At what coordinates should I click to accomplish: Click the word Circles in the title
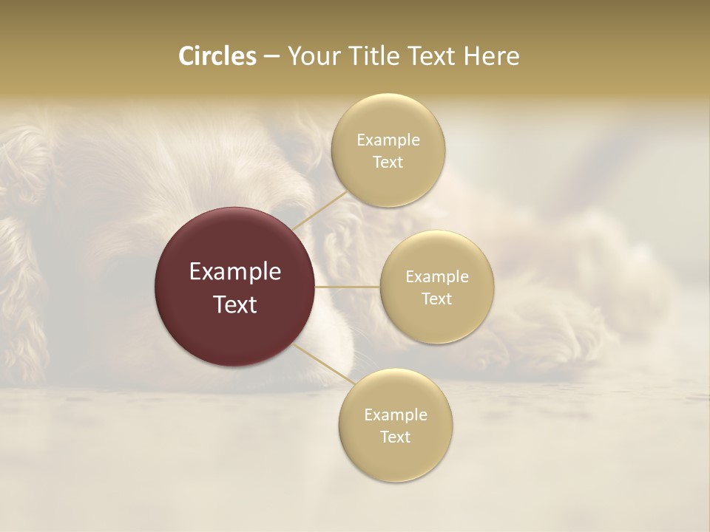point(217,56)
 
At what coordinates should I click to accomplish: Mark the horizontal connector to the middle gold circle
point(347,287)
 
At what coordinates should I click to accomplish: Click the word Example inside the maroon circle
point(235,272)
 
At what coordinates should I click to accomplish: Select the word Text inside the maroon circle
point(235,304)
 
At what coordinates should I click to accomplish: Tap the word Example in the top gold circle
point(388,140)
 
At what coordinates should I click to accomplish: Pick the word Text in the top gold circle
point(388,162)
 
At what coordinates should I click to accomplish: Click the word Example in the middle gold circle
point(437,276)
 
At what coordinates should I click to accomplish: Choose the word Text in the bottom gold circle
point(395,437)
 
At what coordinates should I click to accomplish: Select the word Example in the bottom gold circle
point(396,415)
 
